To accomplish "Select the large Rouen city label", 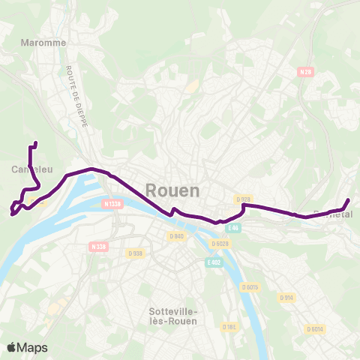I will (172, 190).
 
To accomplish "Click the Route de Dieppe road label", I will (76, 97).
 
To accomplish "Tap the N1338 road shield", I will (112, 203).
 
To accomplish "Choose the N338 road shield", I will (99, 246).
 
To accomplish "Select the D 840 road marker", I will (176, 236).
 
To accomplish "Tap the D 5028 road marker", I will (220, 244).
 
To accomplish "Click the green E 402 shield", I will (214, 262).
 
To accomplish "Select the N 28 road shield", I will (305, 72).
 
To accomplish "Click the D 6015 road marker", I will (250, 286).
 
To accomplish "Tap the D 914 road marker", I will (287, 298).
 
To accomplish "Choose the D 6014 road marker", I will (315, 328).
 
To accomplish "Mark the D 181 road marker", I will (229, 326).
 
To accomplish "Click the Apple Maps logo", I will (27, 347).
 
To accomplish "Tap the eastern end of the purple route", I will (349, 199).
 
